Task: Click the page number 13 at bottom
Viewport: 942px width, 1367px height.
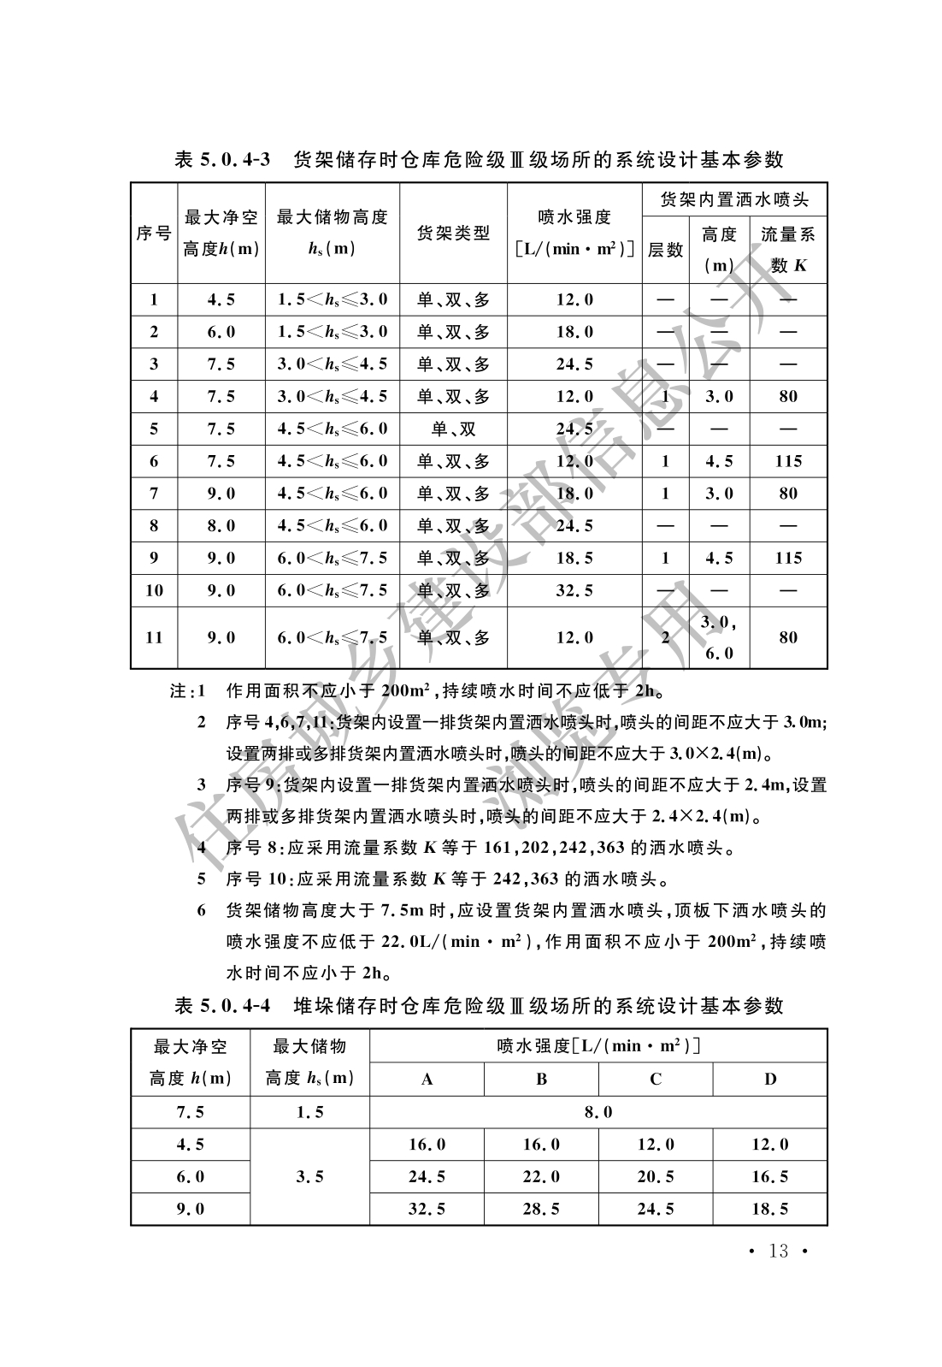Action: click(x=778, y=1252)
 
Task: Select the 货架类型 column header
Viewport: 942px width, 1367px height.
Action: click(x=453, y=233)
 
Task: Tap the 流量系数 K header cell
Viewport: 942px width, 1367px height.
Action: click(x=788, y=249)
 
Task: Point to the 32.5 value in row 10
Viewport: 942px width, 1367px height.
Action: click(x=574, y=590)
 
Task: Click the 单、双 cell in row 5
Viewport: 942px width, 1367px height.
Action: click(x=453, y=429)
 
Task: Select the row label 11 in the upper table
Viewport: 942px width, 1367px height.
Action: click(x=154, y=637)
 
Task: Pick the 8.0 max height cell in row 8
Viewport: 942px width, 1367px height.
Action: click(x=221, y=525)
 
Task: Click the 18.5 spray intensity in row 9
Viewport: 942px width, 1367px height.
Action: click(x=574, y=558)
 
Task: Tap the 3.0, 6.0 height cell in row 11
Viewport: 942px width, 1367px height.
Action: click(x=719, y=637)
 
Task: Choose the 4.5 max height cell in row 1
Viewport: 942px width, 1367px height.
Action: click(x=221, y=299)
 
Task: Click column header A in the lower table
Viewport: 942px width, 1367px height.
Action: click(x=427, y=1079)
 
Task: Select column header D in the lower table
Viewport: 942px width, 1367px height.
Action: click(x=770, y=1079)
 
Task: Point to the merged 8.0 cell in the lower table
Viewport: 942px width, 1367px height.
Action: click(x=598, y=1112)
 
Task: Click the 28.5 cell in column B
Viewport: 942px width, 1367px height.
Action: click(x=541, y=1209)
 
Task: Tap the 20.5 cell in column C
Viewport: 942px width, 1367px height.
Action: click(x=656, y=1176)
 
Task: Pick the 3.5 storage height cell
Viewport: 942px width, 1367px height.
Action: click(x=309, y=1176)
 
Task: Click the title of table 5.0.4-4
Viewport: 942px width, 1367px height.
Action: click(x=479, y=1005)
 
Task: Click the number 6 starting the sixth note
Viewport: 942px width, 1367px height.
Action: click(x=202, y=910)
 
